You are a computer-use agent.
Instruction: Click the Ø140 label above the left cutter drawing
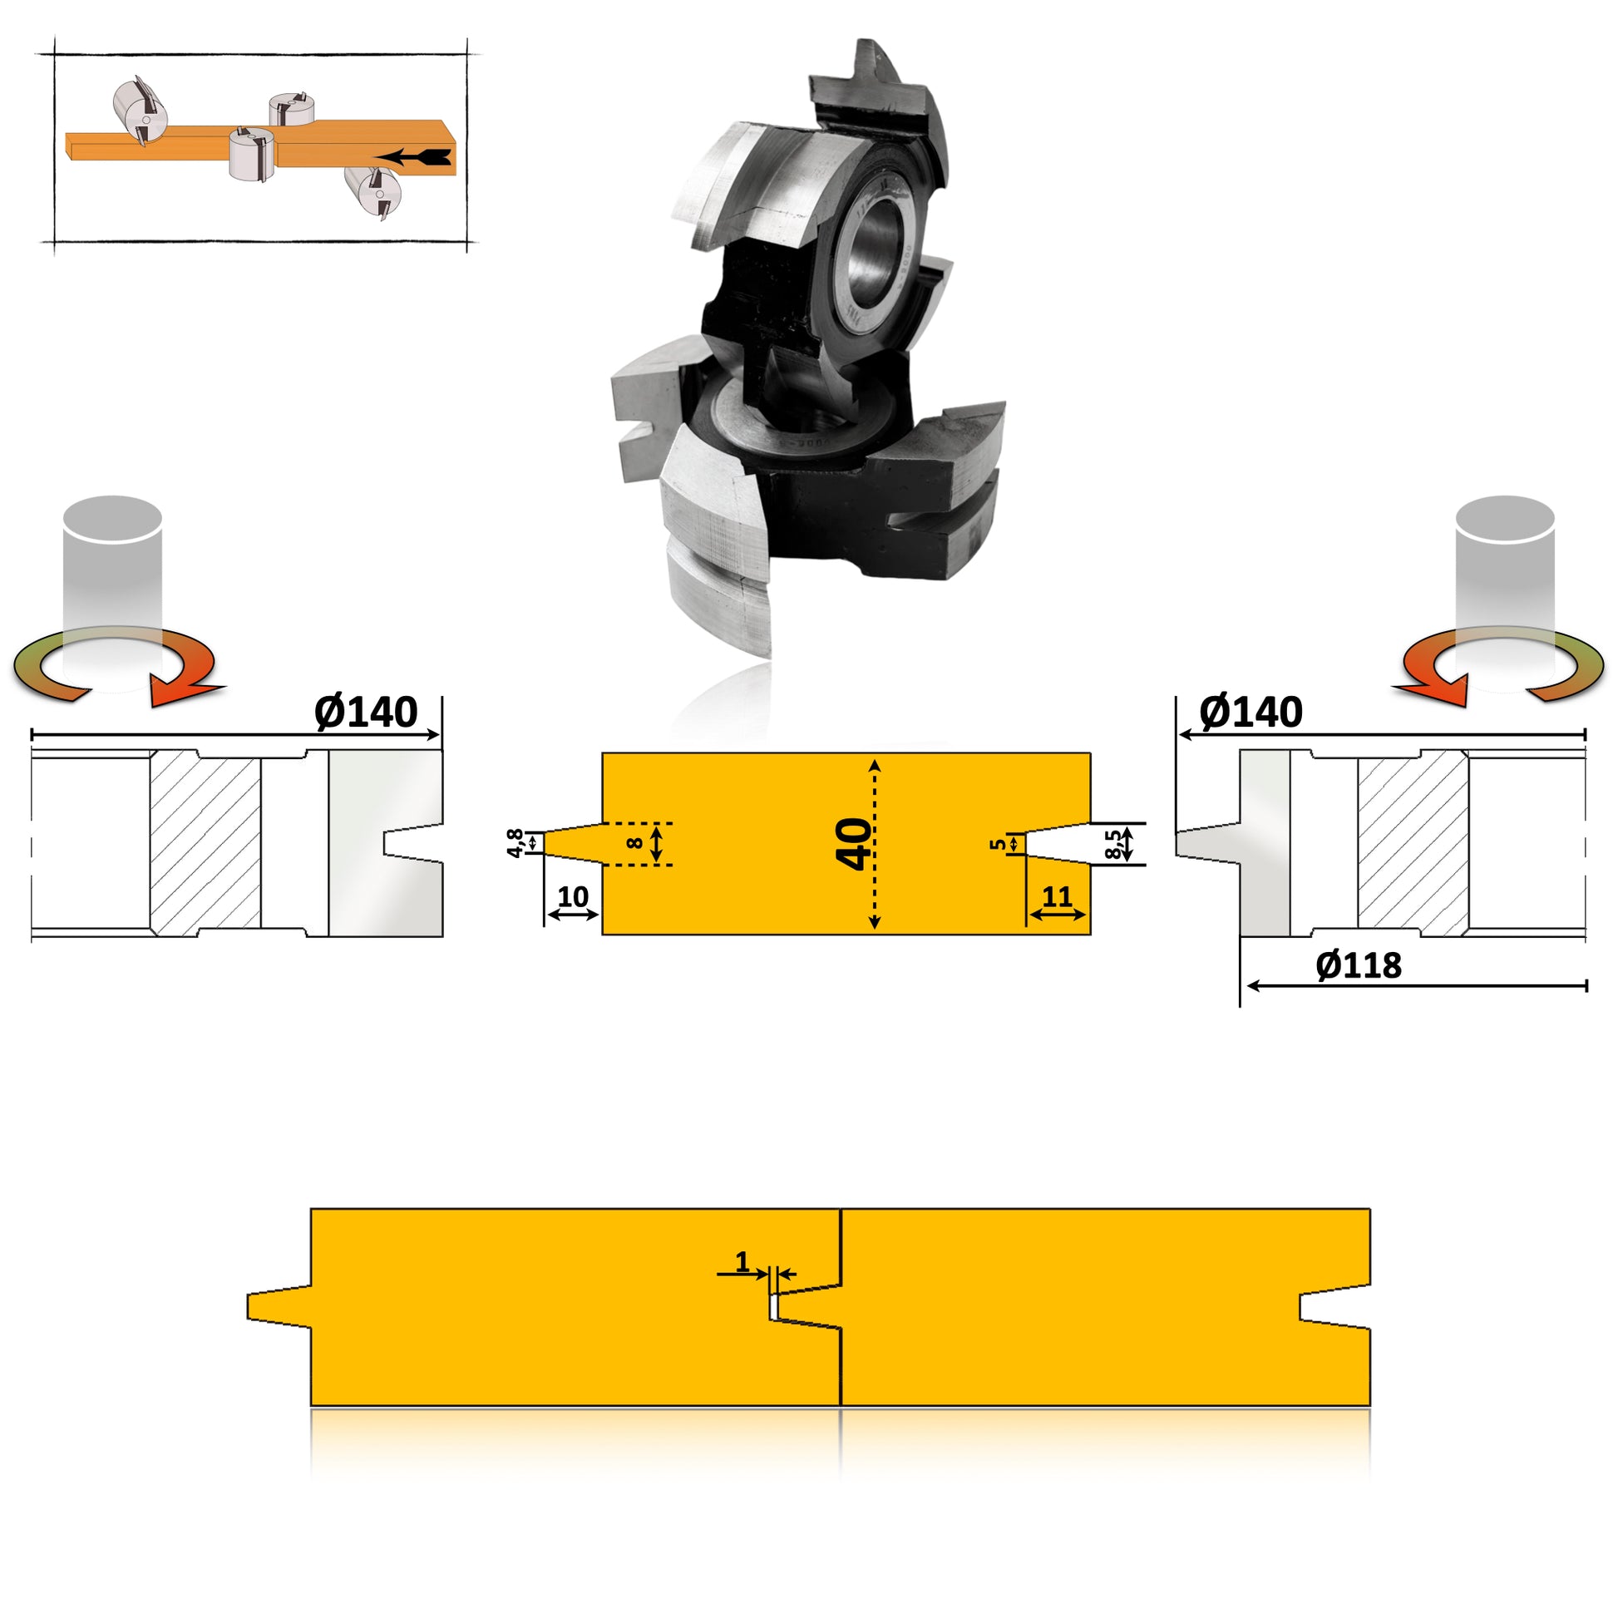366,713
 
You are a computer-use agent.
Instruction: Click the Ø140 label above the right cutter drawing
1250,713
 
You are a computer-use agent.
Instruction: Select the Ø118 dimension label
1359,965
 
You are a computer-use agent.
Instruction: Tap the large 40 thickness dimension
853,844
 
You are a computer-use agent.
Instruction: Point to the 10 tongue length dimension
573,897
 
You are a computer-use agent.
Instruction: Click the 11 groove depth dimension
1057,897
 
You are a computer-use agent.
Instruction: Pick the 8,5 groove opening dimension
1113,844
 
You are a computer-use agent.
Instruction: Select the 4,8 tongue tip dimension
515,842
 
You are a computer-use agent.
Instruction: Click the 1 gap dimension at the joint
742,1261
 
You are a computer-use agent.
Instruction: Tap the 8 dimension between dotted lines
634,843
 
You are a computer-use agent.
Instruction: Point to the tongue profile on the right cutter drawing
1206,843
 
